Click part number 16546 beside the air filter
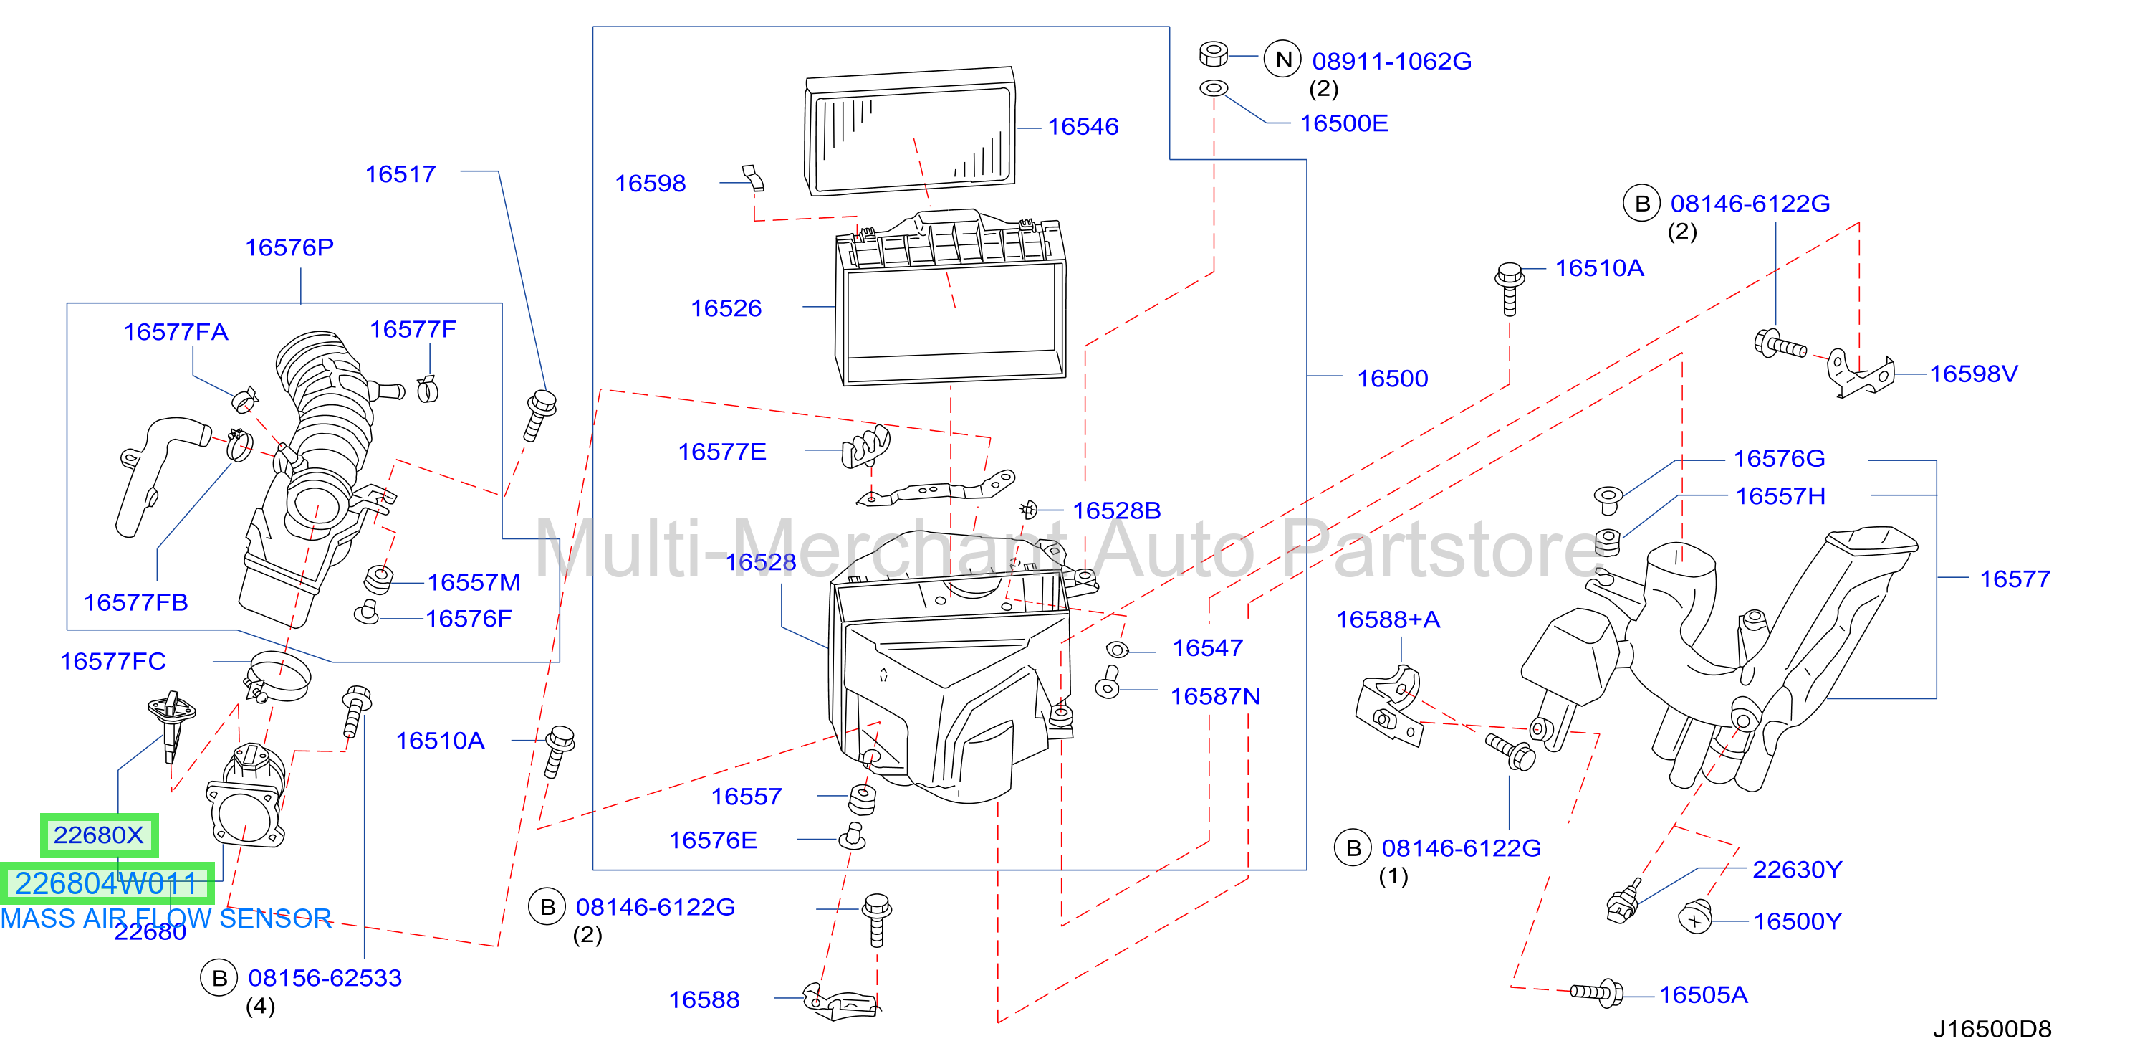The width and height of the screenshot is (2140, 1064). pos(1083,126)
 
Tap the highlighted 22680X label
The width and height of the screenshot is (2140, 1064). pos(99,835)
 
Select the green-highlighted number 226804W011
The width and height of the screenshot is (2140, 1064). pos(106,883)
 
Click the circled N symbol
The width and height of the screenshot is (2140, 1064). pos(1282,60)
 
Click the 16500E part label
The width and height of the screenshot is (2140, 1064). pos(1343,124)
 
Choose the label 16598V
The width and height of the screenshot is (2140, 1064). pos(1973,374)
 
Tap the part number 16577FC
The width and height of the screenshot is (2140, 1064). pos(113,662)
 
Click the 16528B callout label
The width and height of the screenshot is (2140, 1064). pos(1116,510)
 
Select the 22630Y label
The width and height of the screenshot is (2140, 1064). pos(1797,870)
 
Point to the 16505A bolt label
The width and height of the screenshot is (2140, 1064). pos(1703,995)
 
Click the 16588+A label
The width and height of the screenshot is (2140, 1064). pos(1387,620)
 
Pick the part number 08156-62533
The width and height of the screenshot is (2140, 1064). pos(325,979)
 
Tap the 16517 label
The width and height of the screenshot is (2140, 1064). pos(400,174)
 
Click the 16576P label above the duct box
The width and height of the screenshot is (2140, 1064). pos(289,247)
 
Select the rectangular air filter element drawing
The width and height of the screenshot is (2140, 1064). pos(911,131)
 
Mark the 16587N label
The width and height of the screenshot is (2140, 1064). pos(1214,697)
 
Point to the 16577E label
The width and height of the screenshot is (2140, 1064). pos(722,452)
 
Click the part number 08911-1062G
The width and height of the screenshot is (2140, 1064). pos(1391,62)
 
